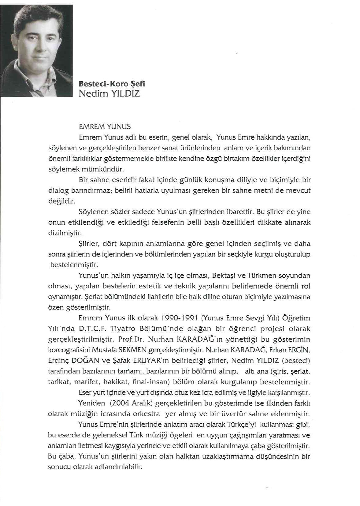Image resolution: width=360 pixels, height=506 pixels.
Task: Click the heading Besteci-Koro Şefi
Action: point(111,84)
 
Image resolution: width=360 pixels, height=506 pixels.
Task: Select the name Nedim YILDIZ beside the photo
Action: point(109,94)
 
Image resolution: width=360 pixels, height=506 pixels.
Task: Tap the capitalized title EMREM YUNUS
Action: point(105,126)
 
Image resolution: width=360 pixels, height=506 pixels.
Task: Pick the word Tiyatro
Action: point(122,329)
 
